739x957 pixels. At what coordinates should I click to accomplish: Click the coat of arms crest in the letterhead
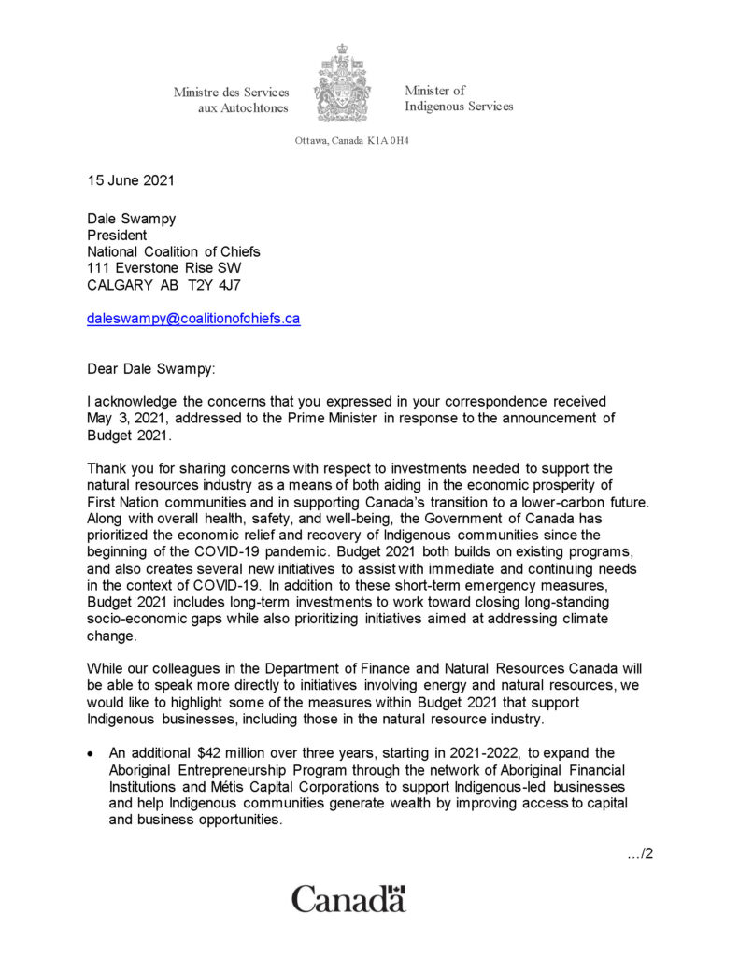coord(344,84)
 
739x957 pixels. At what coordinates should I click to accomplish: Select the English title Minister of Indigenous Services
coord(458,98)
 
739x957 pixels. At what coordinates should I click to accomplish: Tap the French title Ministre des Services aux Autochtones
coord(231,100)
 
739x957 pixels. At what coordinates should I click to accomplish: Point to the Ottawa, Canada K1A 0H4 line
coord(351,141)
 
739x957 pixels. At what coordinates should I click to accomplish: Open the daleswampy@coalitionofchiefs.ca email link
coord(193,318)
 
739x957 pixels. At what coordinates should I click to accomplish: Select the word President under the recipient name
coord(117,236)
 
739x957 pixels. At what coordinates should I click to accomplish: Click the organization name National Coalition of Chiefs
coord(174,251)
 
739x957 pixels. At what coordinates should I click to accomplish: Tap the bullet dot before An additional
coord(91,753)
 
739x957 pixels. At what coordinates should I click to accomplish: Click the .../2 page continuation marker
coord(639,851)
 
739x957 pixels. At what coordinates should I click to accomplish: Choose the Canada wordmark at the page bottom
coord(348,900)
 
